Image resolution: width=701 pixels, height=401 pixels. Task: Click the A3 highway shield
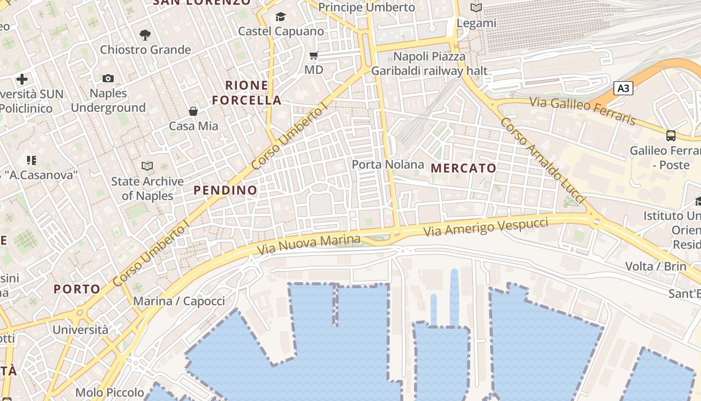623,89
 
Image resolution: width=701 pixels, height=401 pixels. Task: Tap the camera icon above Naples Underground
108,78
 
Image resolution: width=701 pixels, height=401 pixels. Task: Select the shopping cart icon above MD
314,55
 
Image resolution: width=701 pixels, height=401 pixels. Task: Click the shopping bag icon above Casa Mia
193,111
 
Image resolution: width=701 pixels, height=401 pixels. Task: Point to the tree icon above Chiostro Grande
145,35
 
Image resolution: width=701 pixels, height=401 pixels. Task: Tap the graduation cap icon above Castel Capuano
280,17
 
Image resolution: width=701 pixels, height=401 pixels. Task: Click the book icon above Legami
476,8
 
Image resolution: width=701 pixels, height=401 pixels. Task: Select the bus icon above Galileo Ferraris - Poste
670,135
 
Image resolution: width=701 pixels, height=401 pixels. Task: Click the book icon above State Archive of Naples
147,166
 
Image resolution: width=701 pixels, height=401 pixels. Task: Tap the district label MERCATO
464,168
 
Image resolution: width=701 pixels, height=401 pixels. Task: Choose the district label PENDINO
225,190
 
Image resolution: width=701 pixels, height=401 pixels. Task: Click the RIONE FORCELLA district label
246,93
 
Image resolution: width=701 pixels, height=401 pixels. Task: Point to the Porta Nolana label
388,164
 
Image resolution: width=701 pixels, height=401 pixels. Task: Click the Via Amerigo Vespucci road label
486,227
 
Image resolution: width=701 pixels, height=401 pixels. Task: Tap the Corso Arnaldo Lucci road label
542,161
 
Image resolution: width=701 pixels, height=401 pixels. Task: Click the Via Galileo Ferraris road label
583,111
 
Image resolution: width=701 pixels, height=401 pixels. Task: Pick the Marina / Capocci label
179,301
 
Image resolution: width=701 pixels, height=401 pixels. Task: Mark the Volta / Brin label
655,266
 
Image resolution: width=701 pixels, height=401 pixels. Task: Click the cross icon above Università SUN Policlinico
22,79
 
